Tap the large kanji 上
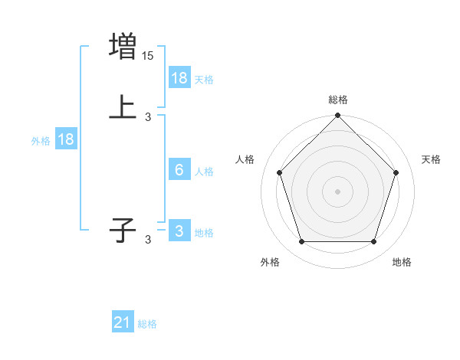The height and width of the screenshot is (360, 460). [123, 108]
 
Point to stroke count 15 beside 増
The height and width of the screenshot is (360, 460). [148, 55]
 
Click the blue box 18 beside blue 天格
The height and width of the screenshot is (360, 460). [179, 77]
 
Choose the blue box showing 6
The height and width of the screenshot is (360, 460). [179, 170]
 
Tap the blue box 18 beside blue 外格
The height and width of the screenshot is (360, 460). [66, 139]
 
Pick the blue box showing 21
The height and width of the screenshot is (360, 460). [123, 322]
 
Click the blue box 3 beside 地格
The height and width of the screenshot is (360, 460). [179, 231]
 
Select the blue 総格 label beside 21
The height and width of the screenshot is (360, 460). [147, 324]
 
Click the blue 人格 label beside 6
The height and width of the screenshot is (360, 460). [204, 172]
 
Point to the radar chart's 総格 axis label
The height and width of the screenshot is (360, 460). [338, 100]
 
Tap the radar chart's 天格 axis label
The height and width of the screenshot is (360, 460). [432, 159]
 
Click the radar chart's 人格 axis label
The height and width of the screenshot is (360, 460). [245, 159]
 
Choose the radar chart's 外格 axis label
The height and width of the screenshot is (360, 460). [270, 263]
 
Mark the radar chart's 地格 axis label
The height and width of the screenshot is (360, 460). [402, 263]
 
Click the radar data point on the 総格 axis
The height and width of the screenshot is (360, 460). [338, 116]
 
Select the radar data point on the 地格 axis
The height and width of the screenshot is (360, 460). [374, 242]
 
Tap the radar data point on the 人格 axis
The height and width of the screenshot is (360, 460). [279, 172]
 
